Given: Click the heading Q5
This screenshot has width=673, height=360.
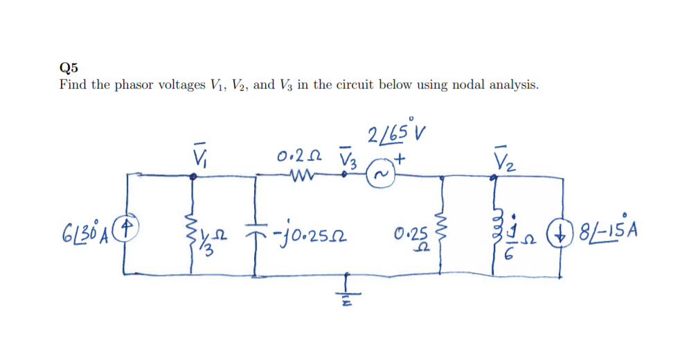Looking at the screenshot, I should click(x=69, y=67).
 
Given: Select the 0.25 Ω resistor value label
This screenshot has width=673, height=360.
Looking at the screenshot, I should click(x=414, y=237).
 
